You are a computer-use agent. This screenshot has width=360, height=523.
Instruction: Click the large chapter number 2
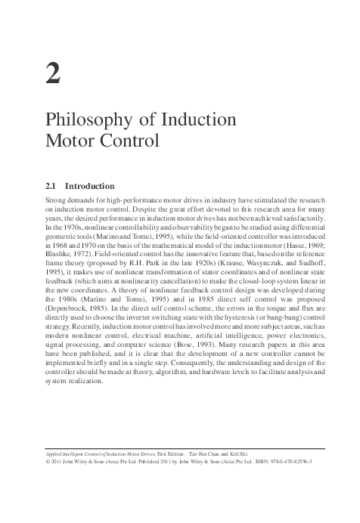click(x=53, y=75)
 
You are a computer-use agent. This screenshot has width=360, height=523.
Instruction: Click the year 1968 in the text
click(x=64, y=245)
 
